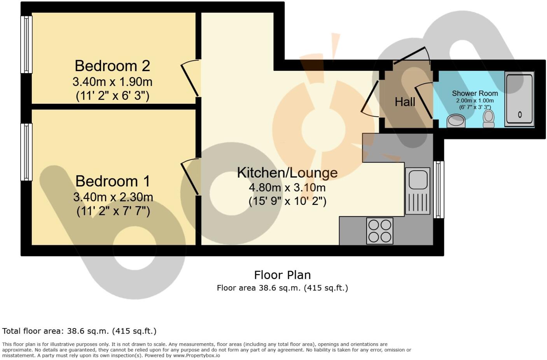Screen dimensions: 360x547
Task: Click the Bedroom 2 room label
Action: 112,66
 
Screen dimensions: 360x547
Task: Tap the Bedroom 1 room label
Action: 113,181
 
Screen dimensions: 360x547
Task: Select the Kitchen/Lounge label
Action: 287,173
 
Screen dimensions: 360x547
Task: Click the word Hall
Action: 405,102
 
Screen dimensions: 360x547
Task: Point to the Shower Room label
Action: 475,93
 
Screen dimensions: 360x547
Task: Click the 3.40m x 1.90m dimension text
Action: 112,82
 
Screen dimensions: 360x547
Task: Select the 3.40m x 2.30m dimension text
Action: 113,197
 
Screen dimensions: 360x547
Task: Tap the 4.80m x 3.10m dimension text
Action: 287,188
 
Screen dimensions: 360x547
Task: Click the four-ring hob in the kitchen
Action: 379,231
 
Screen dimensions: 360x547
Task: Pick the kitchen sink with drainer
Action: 418,190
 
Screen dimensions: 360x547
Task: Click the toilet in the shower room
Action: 488,118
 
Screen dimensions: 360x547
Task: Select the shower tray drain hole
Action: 520,114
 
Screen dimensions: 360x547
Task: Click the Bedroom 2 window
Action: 26,44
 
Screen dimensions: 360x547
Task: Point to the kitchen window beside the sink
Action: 439,189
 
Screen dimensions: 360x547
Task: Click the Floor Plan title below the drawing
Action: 282,275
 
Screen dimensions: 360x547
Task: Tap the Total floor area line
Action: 79,331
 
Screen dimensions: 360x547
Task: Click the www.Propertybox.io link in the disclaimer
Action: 196,355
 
